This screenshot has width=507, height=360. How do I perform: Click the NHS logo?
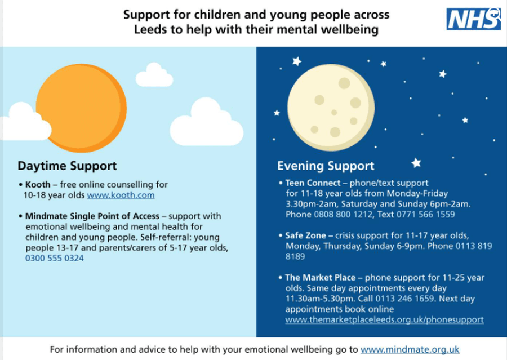point(473,19)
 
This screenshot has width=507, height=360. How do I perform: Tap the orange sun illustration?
point(81,108)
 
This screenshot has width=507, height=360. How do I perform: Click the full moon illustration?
point(331,108)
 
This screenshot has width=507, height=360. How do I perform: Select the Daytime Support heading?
point(67,166)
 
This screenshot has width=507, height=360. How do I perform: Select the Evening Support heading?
point(326,166)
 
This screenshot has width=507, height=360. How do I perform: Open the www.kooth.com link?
point(121,195)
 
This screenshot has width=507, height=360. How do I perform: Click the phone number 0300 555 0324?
point(55,259)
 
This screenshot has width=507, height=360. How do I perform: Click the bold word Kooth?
point(38,185)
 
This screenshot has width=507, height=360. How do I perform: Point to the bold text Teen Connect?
point(313,183)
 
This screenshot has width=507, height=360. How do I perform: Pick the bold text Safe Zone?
point(305,235)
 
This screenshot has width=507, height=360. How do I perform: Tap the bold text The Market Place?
point(320,278)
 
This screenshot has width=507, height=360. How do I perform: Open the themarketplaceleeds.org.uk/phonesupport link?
point(384,320)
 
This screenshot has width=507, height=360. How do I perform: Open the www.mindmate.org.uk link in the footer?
point(410,350)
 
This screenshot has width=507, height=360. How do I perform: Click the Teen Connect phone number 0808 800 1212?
point(343,215)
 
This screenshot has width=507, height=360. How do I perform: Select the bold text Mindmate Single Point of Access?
point(92,216)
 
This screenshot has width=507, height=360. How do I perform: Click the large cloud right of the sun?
point(207,122)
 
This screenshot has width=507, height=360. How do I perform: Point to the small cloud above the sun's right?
point(154,75)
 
